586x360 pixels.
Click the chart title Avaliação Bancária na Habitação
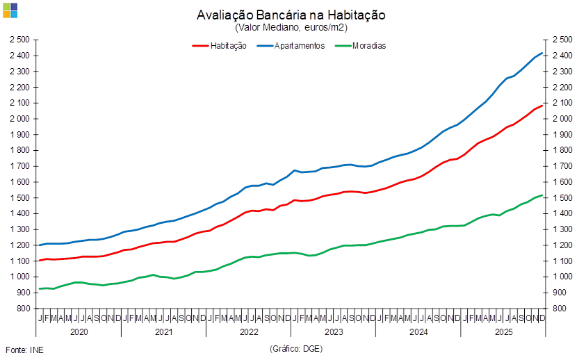[291, 15]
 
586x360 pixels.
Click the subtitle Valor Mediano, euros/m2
[291, 28]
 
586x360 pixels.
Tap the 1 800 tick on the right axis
[561, 150]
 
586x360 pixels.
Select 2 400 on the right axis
[561, 56]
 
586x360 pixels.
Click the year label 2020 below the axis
[79, 332]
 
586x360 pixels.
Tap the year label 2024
[418, 332]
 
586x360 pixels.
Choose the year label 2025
[503, 332]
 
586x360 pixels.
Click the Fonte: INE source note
[24, 349]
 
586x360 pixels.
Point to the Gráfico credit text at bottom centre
[295, 349]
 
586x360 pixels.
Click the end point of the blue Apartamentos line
[542, 54]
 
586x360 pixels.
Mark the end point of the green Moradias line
[542, 195]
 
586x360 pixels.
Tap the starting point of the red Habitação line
[38, 261]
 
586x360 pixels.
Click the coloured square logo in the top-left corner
[10, 10]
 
